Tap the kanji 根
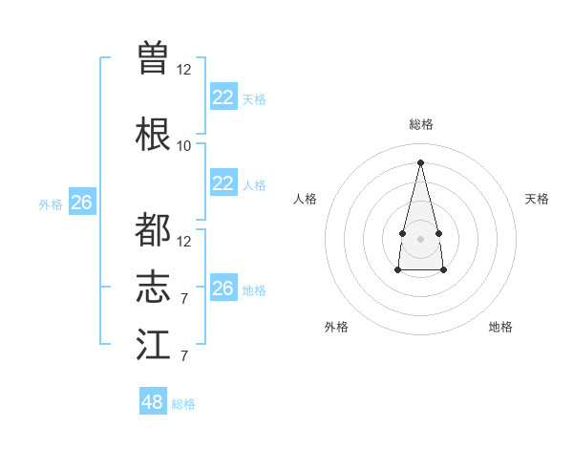[153, 133]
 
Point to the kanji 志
[153, 287]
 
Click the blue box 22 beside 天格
[223, 97]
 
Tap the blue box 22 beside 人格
[223, 184]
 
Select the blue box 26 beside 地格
[223, 289]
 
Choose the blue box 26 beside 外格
[81, 203]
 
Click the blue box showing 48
[152, 402]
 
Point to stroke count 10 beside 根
[184, 145]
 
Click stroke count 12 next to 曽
[184, 69]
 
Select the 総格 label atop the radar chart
[420, 124]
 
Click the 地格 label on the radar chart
[500, 327]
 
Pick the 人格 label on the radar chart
[306, 199]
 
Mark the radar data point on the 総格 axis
[420, 161]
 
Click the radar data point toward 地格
[443, 270]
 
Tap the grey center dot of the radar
[420, 237]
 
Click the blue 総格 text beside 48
[183, 404]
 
